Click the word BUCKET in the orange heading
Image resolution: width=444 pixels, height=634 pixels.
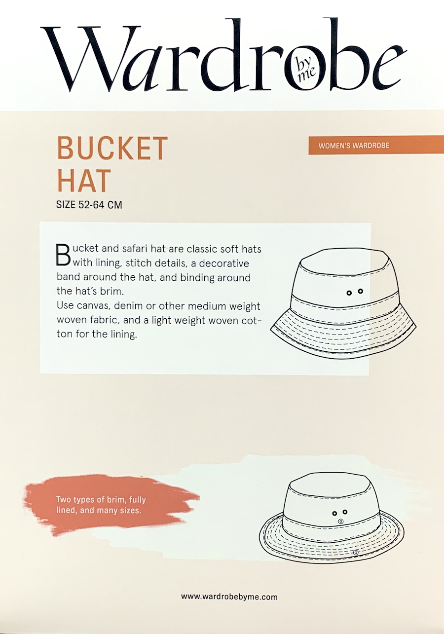coord(112,147)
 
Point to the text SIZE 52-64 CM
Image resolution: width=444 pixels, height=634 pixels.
coord(89,204)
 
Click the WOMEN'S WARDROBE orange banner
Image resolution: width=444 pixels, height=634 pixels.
coord(354,146)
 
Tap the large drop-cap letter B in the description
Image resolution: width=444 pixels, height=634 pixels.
coord(64,254)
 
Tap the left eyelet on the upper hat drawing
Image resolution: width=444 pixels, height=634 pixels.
coord(349,293)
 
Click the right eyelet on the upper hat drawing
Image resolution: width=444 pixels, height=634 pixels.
coord(361,291)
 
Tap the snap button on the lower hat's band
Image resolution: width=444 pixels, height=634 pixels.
coord(340,522)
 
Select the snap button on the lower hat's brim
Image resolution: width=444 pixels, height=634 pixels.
coord(356,553)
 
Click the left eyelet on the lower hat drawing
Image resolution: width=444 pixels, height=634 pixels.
coord(334,513)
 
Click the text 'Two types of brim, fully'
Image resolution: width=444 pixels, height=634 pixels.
coord(101,499)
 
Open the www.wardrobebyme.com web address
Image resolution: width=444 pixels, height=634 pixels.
coord(229,597)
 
